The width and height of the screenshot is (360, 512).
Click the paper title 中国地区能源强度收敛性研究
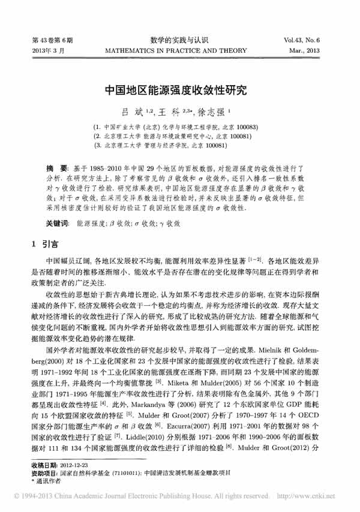180,92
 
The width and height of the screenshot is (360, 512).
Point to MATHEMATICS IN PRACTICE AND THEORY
180,51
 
